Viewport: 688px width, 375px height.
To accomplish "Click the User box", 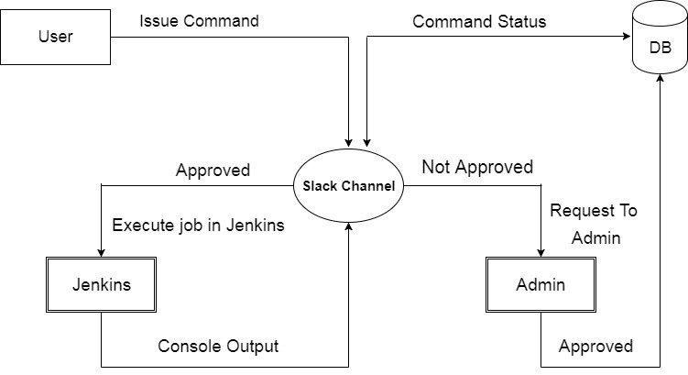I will point(56,37).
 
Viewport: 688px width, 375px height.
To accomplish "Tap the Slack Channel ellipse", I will point(349,186).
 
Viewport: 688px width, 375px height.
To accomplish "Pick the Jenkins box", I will point(101,285).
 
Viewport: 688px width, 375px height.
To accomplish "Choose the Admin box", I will point(541,285).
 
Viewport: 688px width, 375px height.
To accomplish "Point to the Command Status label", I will point(479,21).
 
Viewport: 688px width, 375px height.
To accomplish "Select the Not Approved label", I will point(476,168).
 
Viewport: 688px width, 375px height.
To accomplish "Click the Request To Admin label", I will point(593,225).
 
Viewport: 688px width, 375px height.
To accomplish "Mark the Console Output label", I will point(218,346).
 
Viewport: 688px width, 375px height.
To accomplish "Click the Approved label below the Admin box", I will point(595,346).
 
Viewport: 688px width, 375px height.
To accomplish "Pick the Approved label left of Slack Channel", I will point(213,171).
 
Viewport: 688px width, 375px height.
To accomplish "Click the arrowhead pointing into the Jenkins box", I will point(101,253).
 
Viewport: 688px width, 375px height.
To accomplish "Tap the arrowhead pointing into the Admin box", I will point(541,253).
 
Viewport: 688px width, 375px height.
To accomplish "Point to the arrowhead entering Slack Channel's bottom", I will point(349,226).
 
